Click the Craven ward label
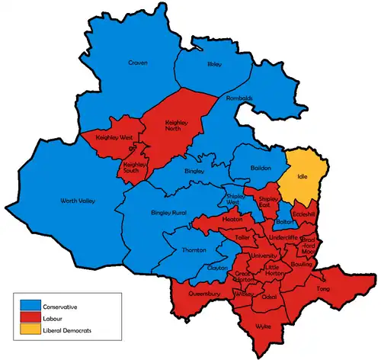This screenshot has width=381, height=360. pos(138,63)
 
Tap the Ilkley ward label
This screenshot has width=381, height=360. pos(215,66)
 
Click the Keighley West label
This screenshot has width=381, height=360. pos(114,138)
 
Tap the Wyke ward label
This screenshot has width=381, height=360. pos(263,326)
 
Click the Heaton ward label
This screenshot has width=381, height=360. pos(232,219)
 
